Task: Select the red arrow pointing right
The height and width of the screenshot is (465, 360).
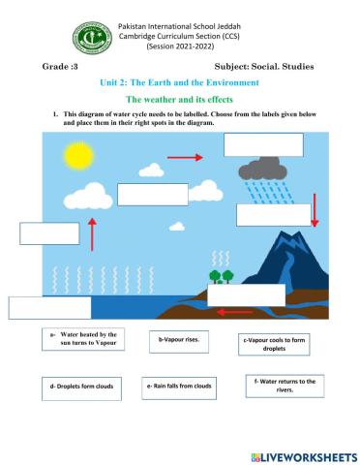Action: pyautogui.click(x=192, y=157)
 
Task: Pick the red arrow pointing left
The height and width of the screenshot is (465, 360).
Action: pyautogui.click(x=234, y=311)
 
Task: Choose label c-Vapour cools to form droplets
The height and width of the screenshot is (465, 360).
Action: pyautogui.click(x=272, y=345)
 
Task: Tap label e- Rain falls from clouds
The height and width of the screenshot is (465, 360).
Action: pyautogui.click(x=180, y=386)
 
